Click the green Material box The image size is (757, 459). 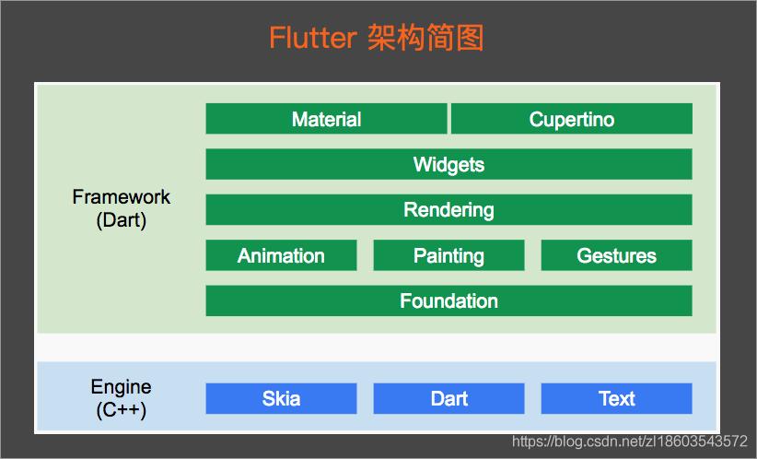[326, 119]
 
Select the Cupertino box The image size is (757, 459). [571, 119]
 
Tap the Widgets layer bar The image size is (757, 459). [448, 164]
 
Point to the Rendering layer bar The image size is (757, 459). [448, 209]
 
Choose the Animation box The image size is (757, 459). [281, 255]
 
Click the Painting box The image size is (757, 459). [448, 255]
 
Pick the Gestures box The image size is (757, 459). [616, 255]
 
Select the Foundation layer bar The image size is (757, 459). [448, 300]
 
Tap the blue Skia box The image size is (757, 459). [281, 398]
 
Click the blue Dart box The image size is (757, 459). [448, 398]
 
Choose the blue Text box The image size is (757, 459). [616, 398]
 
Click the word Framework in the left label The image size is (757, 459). [121, 197]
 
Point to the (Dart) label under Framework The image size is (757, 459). [121, 220]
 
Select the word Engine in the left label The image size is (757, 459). [121, 387]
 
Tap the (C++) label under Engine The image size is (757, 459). [121, 410]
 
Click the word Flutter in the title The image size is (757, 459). [311, 39]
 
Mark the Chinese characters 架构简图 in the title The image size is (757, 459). [425, 39]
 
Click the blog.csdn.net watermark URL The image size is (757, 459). [629, 441]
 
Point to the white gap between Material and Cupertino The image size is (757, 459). [448, 119]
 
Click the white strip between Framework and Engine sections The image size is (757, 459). [377, 347]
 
